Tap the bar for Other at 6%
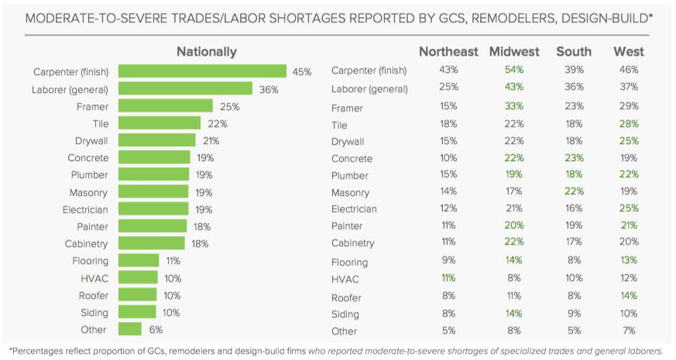click(130, 329)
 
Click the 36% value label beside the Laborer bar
click(269, 89)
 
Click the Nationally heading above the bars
click(206, 52)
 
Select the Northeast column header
click(448, 52)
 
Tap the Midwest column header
click(514, 52)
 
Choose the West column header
click(629, 52)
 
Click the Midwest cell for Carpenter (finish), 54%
click(514, 70)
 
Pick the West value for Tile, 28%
click(629, 125)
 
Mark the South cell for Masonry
click(574, 192)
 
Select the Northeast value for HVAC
click(448, 276)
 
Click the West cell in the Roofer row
click(629, 297)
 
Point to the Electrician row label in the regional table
click(354, 209)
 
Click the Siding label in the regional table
click(345, 314)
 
